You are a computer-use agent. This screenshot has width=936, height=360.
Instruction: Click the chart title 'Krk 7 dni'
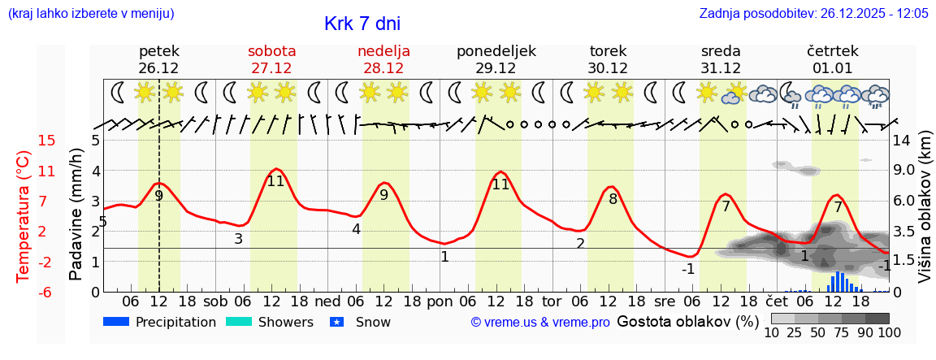362,24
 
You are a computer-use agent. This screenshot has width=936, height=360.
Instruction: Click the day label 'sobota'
271,51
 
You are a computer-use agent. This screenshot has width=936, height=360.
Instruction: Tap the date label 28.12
383,68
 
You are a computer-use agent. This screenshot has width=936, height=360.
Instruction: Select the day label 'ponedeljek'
496,51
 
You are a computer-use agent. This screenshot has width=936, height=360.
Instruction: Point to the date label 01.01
833,68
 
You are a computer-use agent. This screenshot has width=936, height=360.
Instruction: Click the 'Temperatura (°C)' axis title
24,217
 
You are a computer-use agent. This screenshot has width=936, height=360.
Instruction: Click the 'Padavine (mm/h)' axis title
76,214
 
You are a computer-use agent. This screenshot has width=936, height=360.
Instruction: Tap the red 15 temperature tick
47,141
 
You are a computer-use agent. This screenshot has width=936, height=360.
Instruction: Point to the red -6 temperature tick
47,292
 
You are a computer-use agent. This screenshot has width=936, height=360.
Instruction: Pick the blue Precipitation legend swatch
117,322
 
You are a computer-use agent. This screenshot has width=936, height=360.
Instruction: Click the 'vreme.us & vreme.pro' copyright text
539,323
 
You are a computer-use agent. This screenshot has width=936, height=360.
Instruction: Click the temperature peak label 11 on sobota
275,181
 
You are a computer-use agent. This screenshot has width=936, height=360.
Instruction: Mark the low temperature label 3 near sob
238,239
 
